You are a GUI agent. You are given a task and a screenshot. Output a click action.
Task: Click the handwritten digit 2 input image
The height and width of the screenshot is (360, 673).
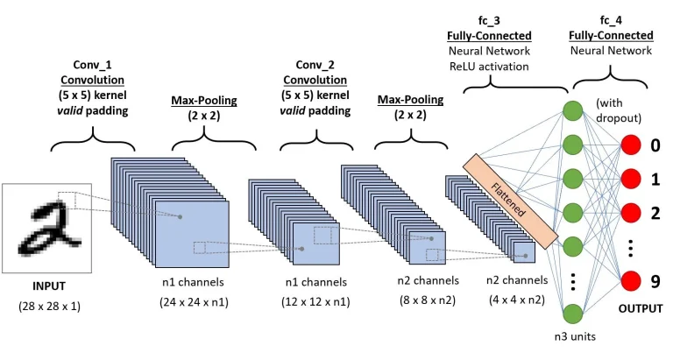coord(46,227)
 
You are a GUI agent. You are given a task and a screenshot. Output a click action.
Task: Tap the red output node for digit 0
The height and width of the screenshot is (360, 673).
coord(633,145)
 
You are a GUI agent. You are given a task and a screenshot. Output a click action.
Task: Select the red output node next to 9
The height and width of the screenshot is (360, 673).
coord(633,282)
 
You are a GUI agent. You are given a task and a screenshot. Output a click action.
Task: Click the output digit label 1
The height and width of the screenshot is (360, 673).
coord(655,179)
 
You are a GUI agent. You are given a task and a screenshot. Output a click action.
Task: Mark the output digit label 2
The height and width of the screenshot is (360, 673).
coord(655,213)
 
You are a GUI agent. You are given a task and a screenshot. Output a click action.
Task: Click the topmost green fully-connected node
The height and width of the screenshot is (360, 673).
coord(571,111)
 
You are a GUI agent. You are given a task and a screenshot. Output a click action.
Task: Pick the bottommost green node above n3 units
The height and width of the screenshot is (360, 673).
coord(571,314)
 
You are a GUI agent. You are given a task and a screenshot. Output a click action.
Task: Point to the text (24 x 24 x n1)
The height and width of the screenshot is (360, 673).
coord(193,303)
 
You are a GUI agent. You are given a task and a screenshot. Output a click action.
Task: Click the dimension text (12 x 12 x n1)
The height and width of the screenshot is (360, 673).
coord(316,303)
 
